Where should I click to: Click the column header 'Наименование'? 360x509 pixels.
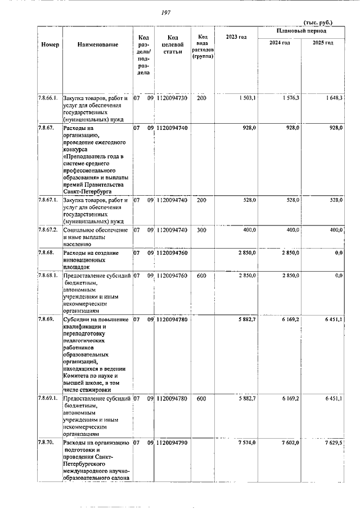click(98, 44)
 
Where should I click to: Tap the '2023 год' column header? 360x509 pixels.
click(236, 37)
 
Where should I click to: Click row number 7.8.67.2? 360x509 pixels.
click(48, 230)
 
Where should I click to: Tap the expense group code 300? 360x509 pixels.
click(201, 230)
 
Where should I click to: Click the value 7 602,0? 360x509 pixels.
click(290, 443)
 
